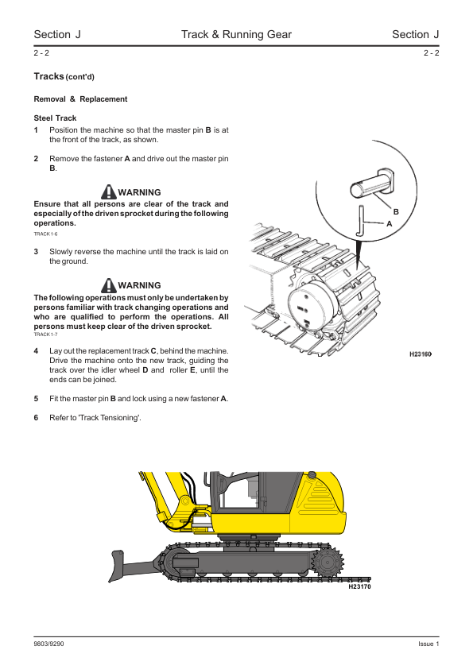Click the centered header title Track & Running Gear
236,34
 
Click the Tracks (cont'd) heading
64,76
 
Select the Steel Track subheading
55,118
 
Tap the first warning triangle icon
109,192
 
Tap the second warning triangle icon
109,285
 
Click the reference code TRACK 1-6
45,234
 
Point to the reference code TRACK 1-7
45,334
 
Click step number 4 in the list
36,351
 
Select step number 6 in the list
36,418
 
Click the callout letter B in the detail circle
396,211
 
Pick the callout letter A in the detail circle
389,223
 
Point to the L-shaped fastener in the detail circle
361,221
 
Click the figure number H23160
421,354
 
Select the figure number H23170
359,586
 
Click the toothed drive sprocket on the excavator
328,563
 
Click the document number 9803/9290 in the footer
48,644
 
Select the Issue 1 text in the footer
428,644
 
